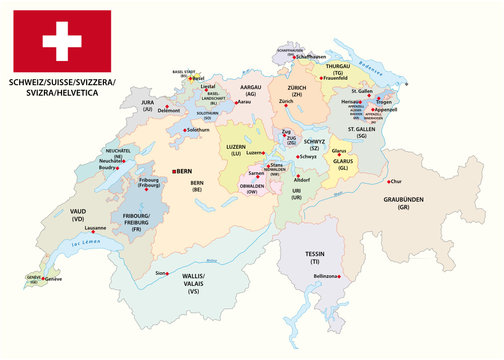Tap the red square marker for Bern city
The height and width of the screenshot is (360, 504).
[x=175, y=171]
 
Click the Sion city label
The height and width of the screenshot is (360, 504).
[x=162, y=271]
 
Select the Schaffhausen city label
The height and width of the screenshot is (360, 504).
[x=302, y=58]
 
